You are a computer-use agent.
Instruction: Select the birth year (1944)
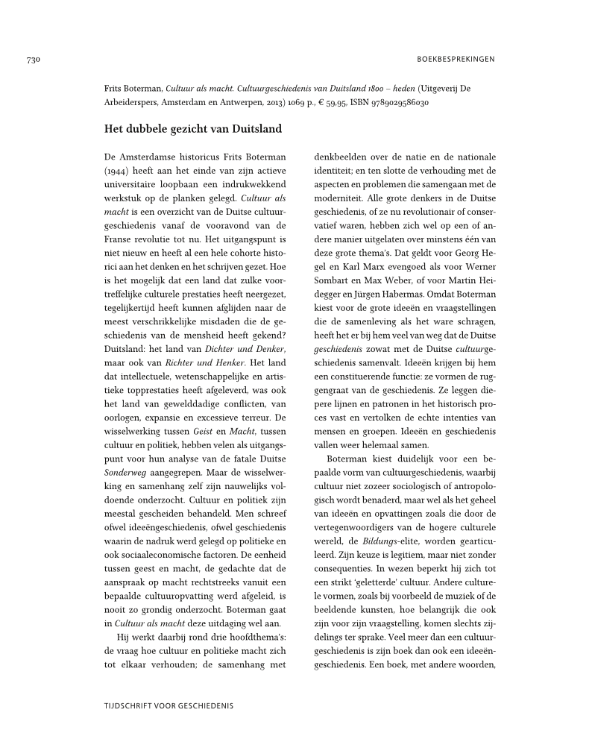[117, 171]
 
